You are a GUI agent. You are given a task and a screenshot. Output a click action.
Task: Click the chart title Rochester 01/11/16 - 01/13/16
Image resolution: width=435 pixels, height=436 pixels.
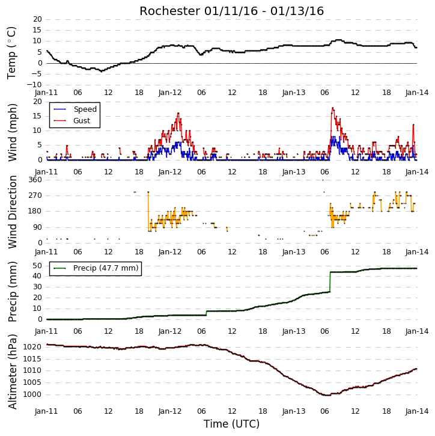[x=231, y=11]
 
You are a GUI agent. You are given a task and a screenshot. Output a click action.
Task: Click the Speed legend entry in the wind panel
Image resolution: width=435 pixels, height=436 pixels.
[x=75, y=109]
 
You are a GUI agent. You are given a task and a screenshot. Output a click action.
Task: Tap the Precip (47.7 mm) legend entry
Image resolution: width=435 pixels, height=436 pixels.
[x=96, y=268]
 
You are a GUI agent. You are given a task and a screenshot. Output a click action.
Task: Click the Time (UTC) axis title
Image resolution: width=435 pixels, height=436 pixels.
[x=231, y=424]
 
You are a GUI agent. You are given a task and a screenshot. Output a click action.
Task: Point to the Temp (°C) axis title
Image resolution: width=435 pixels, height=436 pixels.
[x=11, y=53]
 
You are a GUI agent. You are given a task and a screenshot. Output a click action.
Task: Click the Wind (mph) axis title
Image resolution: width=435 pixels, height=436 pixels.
[x=12, y=132]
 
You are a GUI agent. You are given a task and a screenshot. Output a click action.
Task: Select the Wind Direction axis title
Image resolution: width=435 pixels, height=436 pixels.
[x=12, y=212]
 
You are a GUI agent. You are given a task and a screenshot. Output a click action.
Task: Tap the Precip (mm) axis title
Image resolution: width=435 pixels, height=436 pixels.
[x=12, y=292]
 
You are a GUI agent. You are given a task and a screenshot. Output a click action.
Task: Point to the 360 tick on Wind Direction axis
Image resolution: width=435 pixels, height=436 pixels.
[x=35, y=180]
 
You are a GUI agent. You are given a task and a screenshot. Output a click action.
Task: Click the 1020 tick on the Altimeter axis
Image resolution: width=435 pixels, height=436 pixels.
[x=32, y=347]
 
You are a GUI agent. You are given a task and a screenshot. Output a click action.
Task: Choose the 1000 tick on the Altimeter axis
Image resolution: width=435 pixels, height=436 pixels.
[x=32, y=395]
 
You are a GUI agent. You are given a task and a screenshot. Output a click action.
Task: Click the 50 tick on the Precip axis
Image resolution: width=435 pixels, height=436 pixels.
[x=37, y=266]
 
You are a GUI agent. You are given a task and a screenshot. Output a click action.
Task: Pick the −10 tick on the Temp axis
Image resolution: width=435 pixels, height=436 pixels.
[x=34, y=85]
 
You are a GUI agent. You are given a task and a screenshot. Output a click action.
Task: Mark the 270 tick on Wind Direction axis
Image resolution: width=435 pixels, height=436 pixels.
[x=35, y=195]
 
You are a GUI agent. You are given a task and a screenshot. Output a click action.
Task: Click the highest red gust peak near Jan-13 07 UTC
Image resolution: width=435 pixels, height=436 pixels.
[x=332, y=108]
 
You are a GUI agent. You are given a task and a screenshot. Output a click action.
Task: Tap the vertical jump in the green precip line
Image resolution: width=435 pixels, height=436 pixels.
[x=330, y=281]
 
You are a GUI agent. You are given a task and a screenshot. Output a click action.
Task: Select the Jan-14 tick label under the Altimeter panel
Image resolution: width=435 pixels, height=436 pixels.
[x=416, y=411]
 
